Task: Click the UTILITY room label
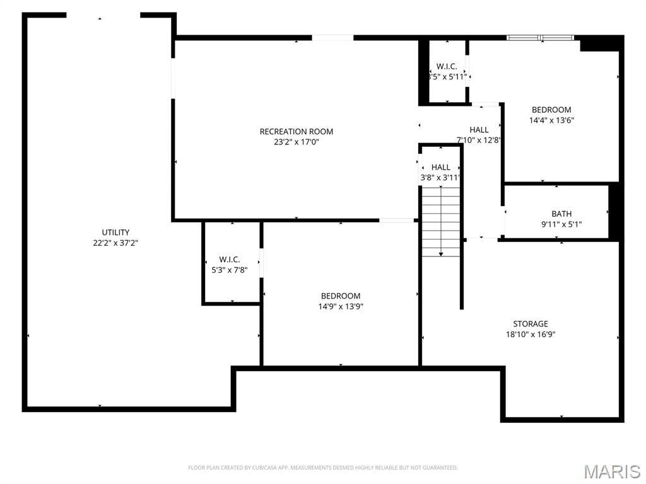pos(115,232)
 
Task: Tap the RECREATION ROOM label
pos(296,131)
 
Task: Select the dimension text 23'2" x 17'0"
pos(296,142)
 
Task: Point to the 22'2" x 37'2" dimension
pos(115,243)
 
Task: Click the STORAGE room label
pos(530,324)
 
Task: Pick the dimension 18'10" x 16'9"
pos(530,335)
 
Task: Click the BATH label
pos(561,214)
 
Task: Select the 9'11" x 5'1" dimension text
pos(561,224)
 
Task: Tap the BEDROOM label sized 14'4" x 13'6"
pos(551,110)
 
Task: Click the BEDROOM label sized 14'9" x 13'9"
pos(341,296)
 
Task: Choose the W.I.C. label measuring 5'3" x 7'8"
pos(230,260)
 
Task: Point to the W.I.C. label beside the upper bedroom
pos(447,66)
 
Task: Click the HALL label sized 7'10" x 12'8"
pos(479,130)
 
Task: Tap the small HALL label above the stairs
pos(440,167)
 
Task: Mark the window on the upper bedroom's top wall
pos(540,38)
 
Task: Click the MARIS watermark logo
pos(611,471)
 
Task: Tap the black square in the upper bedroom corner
pos(599,43)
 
